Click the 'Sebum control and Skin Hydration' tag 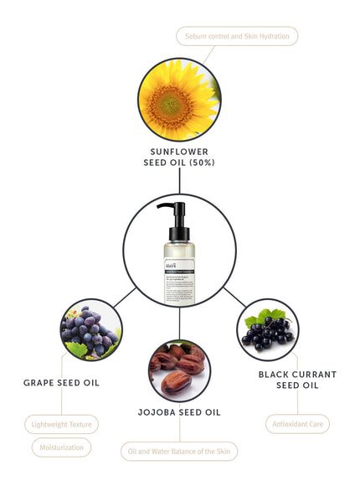click(x=237, y=36)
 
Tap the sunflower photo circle click(x=179, y=102)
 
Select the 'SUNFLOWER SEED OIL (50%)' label click(x=179, y=157)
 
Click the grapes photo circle click(x=91, y=332)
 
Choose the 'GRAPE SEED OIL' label click(x=62, y=383)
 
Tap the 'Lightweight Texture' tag click(x=61, y=425)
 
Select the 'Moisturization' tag click(x=61, y=447)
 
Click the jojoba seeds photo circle click(x=179, y=370)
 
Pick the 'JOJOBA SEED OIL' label click(x=179, y=412)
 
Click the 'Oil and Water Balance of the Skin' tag click(x=179, y=452)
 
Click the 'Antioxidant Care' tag click(x=297, y=425)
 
